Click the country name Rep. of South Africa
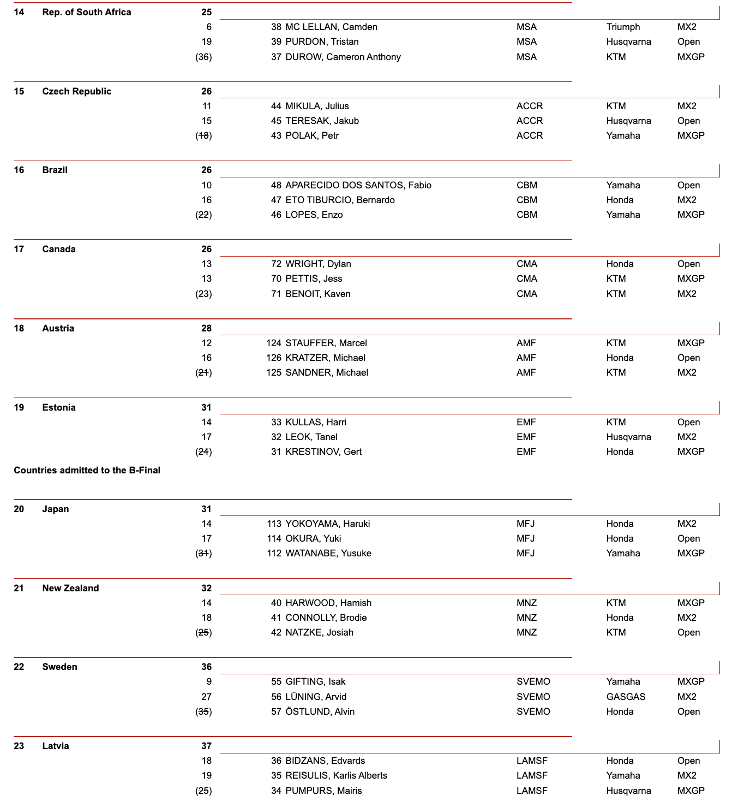(86, 12)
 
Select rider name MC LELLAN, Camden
(331, 27)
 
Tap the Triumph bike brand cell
(623, 27)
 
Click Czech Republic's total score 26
(206, 91)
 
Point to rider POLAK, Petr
(312, 135)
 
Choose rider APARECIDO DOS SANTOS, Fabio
(358, 185)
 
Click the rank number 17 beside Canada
(19, 249)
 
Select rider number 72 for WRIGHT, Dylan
(276, 264)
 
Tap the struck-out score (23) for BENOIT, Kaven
(203, 294)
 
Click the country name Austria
(58, 328)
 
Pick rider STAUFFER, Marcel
(326, 343)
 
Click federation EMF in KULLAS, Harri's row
(526, 422)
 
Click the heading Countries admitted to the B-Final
(87, 470)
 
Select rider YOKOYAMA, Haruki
(327, 524)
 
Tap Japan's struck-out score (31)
(203, 553)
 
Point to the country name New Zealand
(70, 588)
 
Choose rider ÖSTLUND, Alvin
(320, 711)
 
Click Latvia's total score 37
(206, 746)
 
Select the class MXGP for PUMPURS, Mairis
(691, 791)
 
